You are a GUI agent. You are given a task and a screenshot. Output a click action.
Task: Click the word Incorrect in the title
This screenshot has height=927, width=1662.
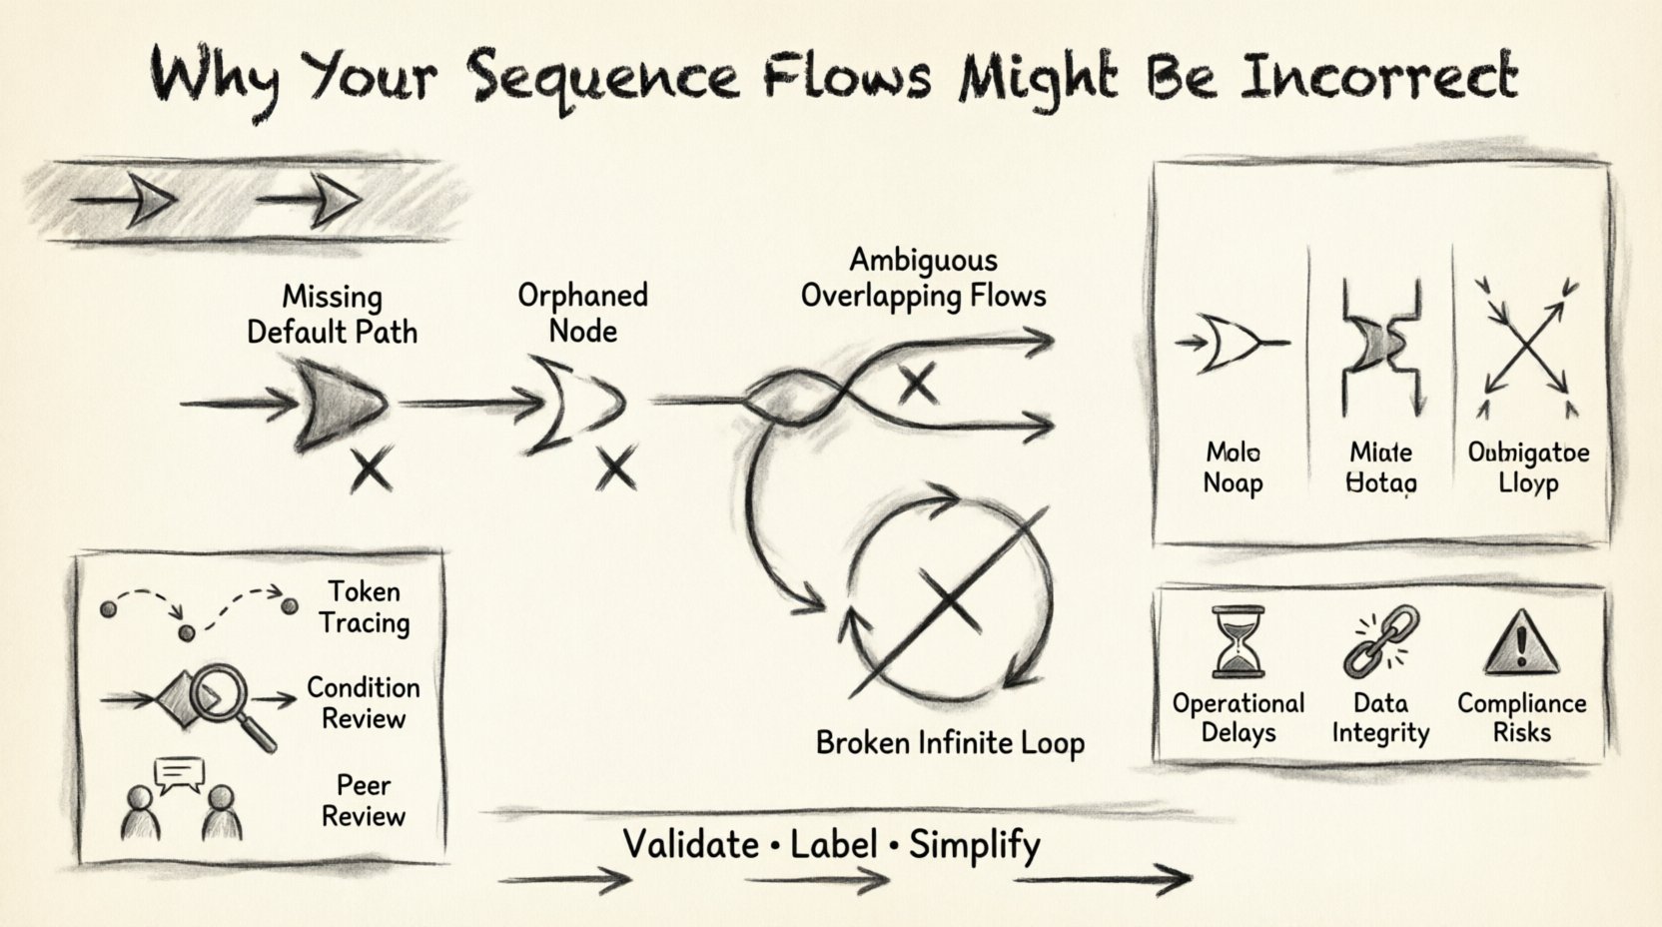pyautogui.click(x=1377, y=76)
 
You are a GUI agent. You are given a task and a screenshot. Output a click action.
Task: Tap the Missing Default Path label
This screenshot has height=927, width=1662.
pyautogui.click(x=332, y=314)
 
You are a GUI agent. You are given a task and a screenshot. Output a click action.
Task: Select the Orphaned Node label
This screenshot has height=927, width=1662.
pyautogui.click(x=582, y=313)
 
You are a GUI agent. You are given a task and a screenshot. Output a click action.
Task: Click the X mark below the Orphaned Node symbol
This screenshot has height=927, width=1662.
pyautogui.click(x=615, y=467)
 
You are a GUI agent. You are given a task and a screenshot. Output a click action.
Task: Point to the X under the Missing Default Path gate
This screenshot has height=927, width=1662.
pyautogui.click(x=371, y=469)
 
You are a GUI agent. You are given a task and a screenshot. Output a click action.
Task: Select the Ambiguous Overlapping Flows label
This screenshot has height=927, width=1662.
pyautogui.click(x=923, y=278)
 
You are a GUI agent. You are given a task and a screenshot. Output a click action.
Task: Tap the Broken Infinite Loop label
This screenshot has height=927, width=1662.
pyautogui.click(x=950, y=743)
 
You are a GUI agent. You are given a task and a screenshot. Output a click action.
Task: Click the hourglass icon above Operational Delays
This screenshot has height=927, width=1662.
pyautogui.click(x=1238, y=643)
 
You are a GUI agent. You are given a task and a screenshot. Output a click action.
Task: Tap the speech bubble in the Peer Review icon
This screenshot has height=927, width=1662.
pyautogui.click(x=180, y=772)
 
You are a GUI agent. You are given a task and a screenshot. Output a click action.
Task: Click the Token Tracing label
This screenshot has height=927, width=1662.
pyautogui.click(x=364, y=607)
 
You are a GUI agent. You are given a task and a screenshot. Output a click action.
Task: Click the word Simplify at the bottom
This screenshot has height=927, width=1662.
pyautogui.click(x=974, y=845)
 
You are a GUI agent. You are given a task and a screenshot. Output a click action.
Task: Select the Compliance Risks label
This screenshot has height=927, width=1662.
pyautogui.click(x=1521, y=717)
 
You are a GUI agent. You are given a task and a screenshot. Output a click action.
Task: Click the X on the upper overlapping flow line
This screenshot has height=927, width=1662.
pyautogui.click(x=918, y=384)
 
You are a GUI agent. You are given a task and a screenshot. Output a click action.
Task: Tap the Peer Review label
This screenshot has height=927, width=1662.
pyautogui.click(x=364, y=800)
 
